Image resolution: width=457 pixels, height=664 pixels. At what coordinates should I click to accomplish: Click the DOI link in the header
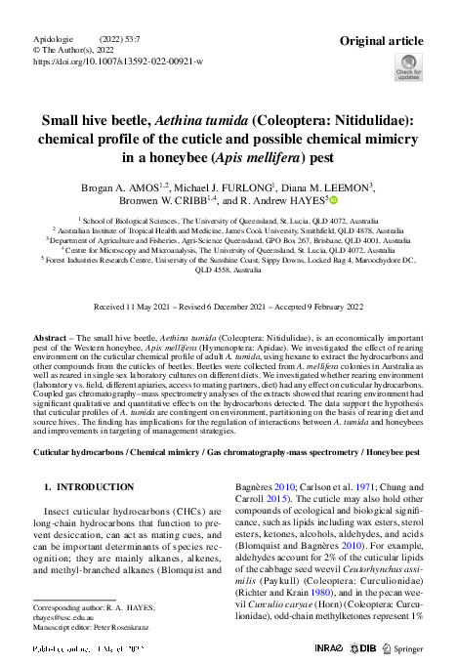tap(118, 61)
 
